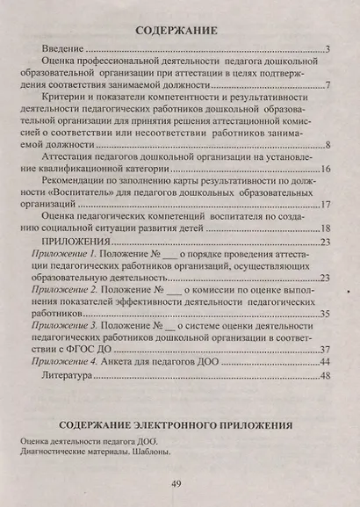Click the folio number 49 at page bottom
click(x=176, y=483)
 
